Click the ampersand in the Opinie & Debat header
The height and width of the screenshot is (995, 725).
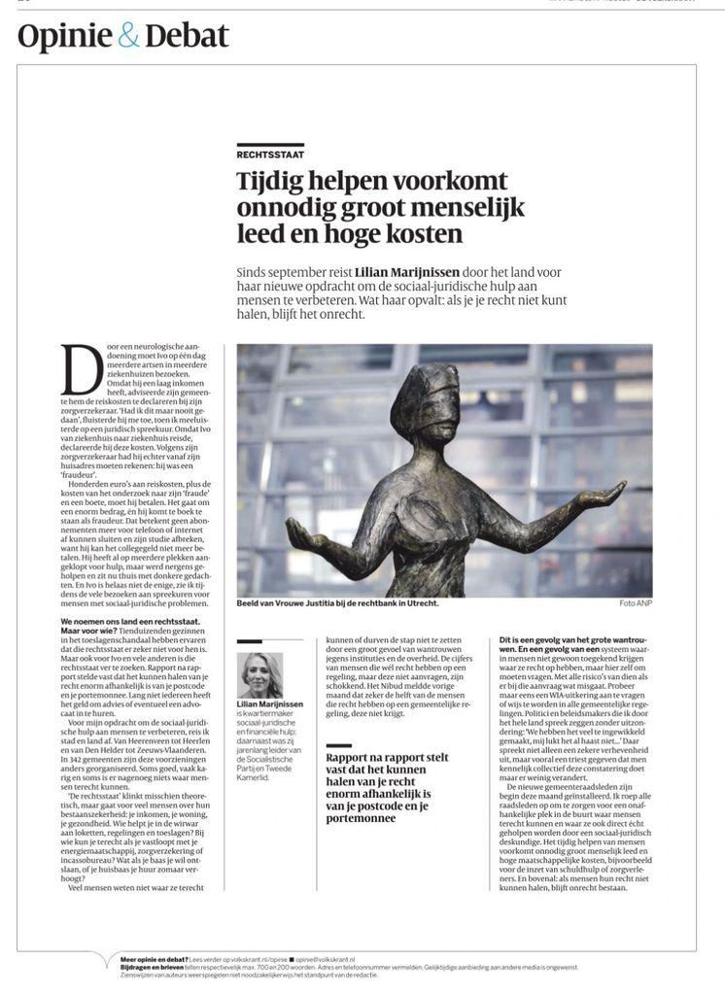click(129, 37)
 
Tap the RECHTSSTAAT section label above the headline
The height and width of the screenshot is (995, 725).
click(268, 155)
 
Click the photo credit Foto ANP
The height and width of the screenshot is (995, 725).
click(636, 603)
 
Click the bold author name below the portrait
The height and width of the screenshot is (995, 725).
click(270, 704)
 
